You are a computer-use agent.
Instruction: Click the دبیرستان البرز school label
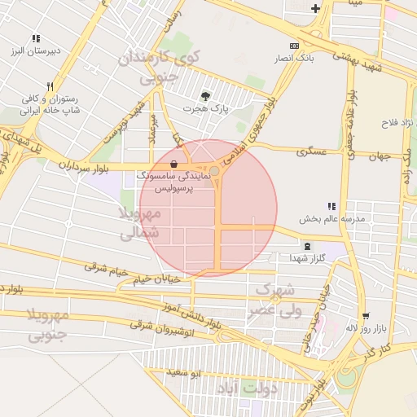(x=35, y=51)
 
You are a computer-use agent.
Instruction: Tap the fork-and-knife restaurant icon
(x=50, y=86)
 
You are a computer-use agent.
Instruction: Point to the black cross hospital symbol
(x=316, y=9)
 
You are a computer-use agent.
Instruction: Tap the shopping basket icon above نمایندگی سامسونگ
(x=174, y=164)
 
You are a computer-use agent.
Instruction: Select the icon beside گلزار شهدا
(x=307, y=246)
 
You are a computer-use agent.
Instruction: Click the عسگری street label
(x=311, y=151)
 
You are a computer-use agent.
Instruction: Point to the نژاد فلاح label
(x=397, y=123)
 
